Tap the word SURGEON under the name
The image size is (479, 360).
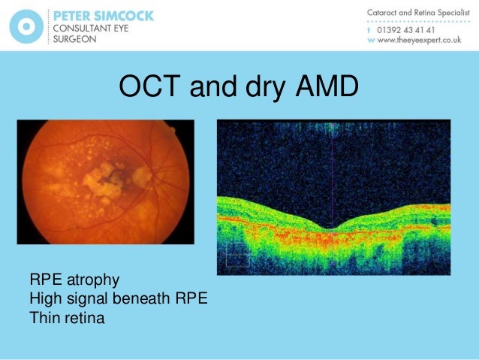[x=74, y=40]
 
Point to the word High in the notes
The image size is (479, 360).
[x=44, y=299]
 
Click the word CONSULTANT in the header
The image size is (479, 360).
[x=86, y=28]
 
